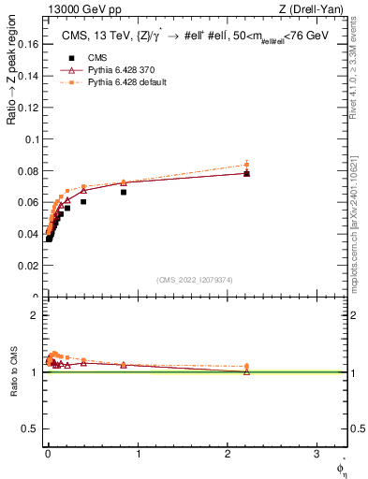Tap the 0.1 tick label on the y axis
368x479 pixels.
click(30, 139)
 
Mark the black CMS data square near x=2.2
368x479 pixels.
click(246, 173)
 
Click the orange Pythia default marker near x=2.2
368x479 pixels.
click(246, 164)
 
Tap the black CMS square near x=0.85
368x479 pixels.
click(124, 192)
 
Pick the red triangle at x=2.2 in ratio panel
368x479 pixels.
click(246, 371)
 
